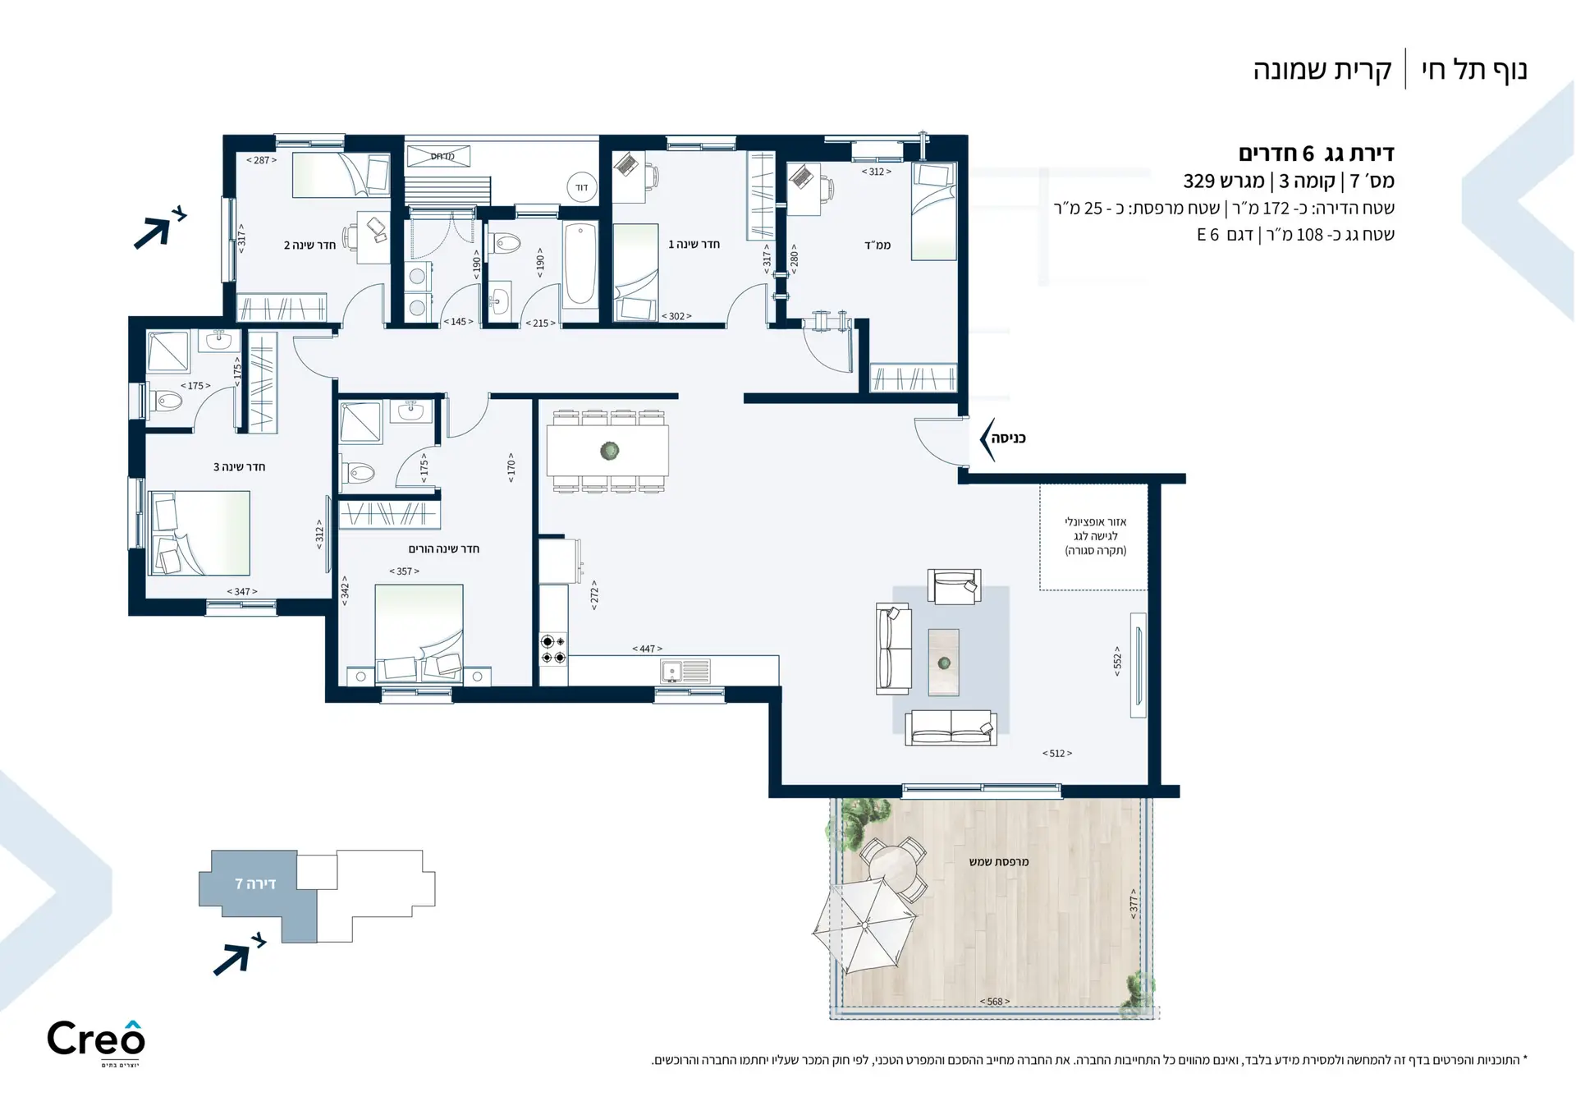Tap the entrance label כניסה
(1008, 438)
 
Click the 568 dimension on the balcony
(995, 1002)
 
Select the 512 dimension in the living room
(1057, 753)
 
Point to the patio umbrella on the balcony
(864, 925)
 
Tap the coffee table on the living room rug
(944, 662)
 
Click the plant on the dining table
(609, 451)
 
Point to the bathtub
(581, 264)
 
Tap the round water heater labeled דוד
(581, 188)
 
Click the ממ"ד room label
(877, 245)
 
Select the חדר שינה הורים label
(443, 548)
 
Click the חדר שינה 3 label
(239, 466)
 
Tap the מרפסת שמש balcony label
(999, 862)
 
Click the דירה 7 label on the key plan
(255, 883)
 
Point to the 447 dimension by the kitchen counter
(647, 649)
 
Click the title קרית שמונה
(1322, 70)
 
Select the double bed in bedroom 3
(199, 534)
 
